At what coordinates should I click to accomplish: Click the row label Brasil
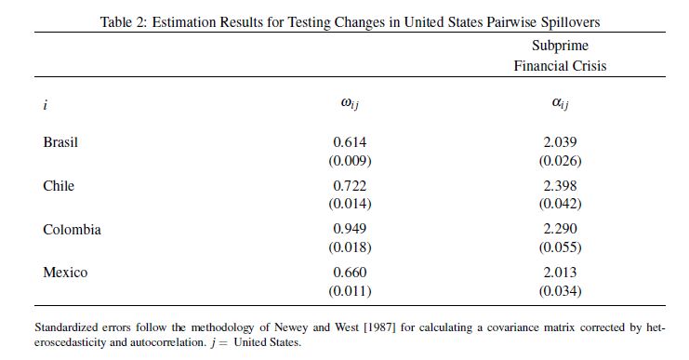pyautogui.click(x=60, y=142)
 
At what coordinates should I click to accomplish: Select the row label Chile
pyautogui.click(x=59, y=185)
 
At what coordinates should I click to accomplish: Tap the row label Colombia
pyautogui.click(x=73, y=229)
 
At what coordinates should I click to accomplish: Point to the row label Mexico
pyautogui.click(x=65, y=272)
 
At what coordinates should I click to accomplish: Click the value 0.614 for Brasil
pyautogui.click(x=350, y=142)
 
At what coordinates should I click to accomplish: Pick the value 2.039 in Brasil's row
pyautogui.click(x=560, y=142)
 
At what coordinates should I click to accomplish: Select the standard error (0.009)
pyautogui.click(x=350, y=160)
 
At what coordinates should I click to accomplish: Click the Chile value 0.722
pyautogui.click(x=350, y=185)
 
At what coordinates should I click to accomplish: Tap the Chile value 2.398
pyautogui.click(x=560, y=185)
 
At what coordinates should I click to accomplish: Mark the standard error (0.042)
pyautogui.click(x=561, y=204)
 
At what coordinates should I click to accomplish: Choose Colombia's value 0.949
pyautogui.click(x=350, y=229)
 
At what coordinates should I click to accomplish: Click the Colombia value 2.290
pyautogui.click(x=560, y=229)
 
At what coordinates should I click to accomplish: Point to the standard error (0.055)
pyautogui.click(x=561, y=247)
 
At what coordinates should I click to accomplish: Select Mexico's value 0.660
pyautogui.click(x=350, y=272)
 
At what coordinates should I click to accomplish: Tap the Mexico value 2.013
pyautogui.click(x=560, y=272)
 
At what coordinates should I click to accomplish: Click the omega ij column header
pyautogui.click(x=350, y=103)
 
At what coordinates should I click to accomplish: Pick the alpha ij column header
pyautogui.click(x=560, y=103)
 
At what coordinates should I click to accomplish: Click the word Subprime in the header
pyautogui.click(x=560, y=46)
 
